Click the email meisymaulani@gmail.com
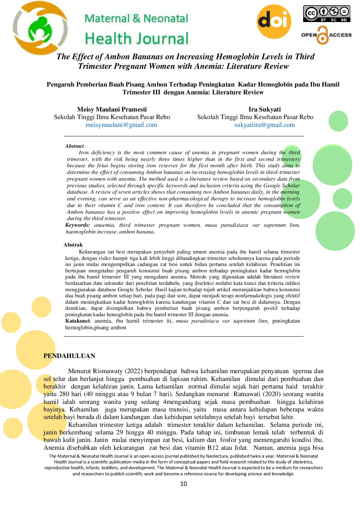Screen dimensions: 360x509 click(121, 125)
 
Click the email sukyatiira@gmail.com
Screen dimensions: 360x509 click(265, 125)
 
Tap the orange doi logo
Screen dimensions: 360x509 click(274, 21)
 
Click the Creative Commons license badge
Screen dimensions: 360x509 click(327, 14)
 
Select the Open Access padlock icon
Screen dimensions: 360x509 click(322, 35)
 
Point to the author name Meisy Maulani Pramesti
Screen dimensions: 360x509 click(112, 109)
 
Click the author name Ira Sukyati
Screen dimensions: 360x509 click(265, 109)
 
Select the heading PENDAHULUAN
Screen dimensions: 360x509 click(69, 356)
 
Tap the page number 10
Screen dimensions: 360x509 click(184, 484)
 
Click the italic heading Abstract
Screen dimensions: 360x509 click(75, 146)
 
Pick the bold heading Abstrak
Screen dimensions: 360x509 click(73, 245)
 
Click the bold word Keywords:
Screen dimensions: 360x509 click(77, 225)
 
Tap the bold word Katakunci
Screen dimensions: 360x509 click(78, 321)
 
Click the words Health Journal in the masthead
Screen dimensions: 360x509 click(137, 39)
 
